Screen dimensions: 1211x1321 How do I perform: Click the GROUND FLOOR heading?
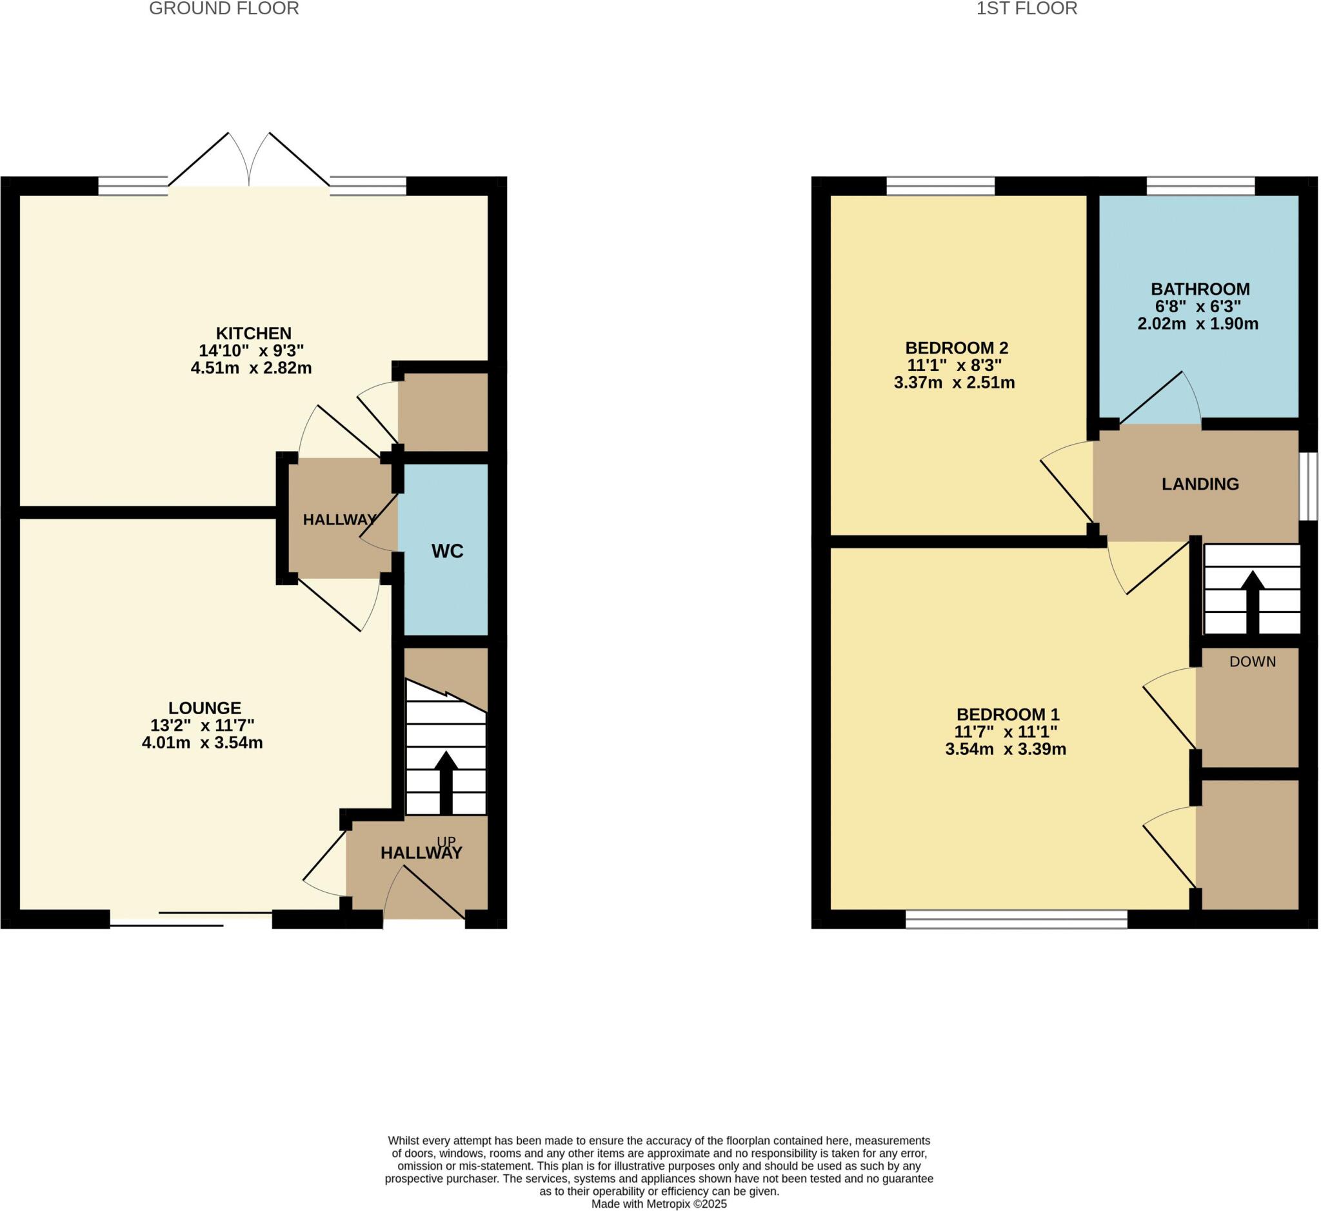point(224,8)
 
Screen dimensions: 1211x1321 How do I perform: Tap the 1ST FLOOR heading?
point(1027,8)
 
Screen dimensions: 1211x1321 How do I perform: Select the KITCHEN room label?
point(253,333)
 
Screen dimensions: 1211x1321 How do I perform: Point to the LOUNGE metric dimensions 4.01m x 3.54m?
point(202,743)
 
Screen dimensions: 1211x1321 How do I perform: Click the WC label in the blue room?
point(447,551)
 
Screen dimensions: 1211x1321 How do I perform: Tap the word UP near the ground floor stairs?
point(446,841)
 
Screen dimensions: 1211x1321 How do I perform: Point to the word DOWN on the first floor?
point(1252,662)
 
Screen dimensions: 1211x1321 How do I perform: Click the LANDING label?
point(1200,485)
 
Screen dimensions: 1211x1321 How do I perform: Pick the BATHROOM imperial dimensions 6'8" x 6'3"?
point(1198,306)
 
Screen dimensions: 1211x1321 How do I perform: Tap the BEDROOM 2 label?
point(956,347)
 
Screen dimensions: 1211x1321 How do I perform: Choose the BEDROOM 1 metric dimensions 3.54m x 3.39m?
point(1005,750)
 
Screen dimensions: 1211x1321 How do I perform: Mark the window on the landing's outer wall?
point(1308,486)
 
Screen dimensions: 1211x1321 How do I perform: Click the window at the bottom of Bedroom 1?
point(1016,919)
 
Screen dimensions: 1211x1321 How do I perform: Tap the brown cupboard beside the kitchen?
point(443,412)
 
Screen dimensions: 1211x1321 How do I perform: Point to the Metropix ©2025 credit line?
point(659,1204)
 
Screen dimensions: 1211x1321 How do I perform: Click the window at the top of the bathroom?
point(1200,186)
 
